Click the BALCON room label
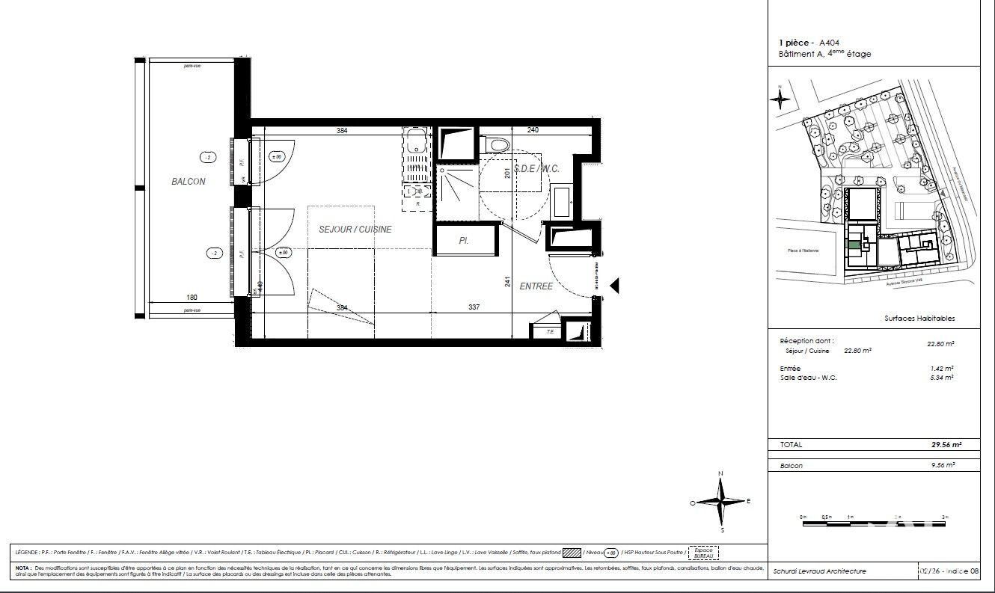click(188, 182)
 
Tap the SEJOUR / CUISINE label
click(355, 230)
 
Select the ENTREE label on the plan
click(536, 286)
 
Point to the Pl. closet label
click(464, 242)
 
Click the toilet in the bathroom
click(497, 143)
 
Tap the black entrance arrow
click(615, 286)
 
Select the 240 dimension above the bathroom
click(533, 130)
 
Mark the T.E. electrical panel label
click(549, 331)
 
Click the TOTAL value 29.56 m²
click(946, 444)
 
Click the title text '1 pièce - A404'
click(809, 43)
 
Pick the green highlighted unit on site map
click(851, 244)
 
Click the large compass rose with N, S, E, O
click(720, 502)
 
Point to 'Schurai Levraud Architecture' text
click(820, 571)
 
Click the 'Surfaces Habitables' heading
click(919, 319)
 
